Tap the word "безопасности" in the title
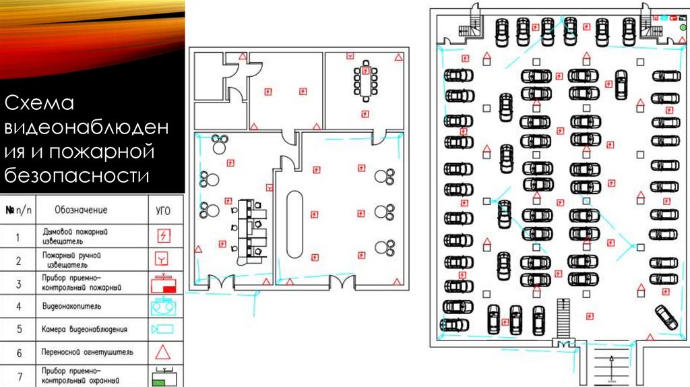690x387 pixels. (x=76, y=176)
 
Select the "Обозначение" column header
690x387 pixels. (x=81, y=210)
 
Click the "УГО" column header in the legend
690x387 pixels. (x=163, y=210)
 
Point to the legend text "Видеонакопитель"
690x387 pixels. (x=71, y=307)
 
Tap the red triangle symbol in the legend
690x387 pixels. (x=163, y=351)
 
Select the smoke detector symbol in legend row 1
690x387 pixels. (x=163, y=236)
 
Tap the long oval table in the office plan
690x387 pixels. (x=295, y=225)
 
